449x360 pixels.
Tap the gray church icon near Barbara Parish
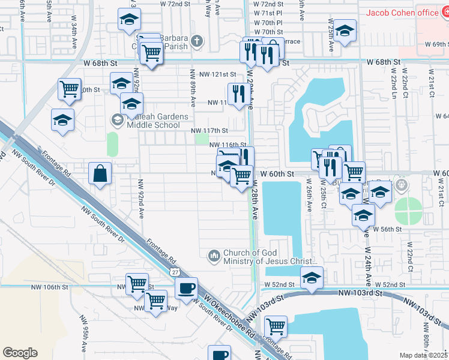196,41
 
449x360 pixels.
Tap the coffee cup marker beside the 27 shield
187,288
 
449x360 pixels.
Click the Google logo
20,353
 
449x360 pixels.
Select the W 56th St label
387,229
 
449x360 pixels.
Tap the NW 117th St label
209,131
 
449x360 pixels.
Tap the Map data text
423,355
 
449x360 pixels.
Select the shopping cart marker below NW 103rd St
276,327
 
